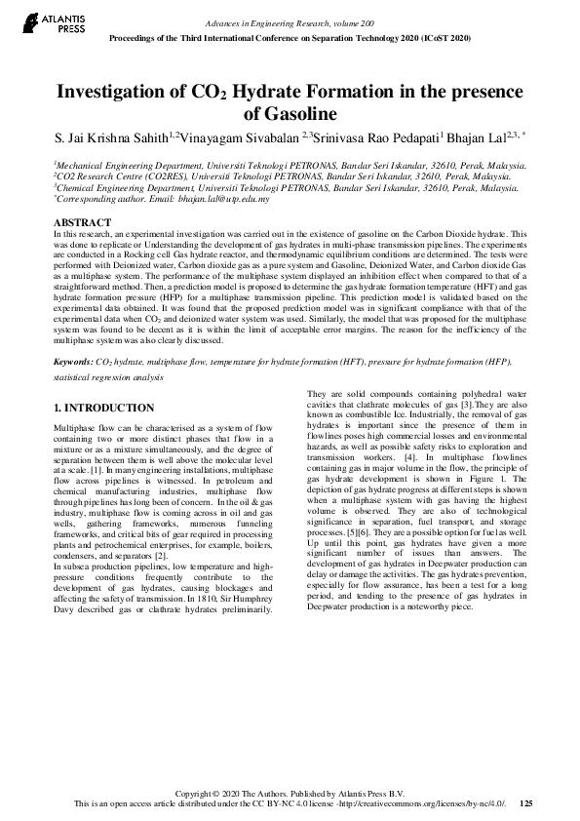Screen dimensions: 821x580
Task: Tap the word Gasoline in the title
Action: (290, 114)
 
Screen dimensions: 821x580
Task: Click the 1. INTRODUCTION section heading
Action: (103, 407)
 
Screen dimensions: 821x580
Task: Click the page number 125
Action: (526, 803)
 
